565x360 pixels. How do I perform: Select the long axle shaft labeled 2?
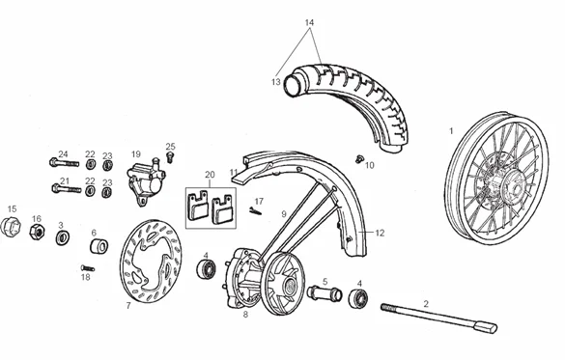[x=438, y=318]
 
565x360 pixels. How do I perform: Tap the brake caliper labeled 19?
[x=146, y=180]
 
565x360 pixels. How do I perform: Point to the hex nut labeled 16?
[x=37, y=232]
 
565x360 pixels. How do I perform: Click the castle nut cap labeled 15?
[x=10, y=227]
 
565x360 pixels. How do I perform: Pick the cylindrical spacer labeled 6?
[x=99, y=246]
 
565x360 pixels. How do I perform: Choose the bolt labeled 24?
[x=64, y=163]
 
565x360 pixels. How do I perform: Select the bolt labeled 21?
[x=67, y=188]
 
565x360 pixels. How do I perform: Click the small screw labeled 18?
[x=88, y=268]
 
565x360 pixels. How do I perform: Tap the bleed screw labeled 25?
[x=170, y=157]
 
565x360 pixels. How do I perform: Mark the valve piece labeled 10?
[x=358, y=158]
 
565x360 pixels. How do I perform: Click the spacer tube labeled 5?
[x=325, y=293]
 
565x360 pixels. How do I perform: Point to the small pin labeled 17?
[x=255, y=211]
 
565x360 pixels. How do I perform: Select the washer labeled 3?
[x=63, y=238]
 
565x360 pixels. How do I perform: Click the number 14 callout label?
[x=309, y=22]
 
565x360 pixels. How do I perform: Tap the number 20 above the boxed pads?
[x=210, y=175]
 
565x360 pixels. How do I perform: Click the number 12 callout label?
[x=380, y=233]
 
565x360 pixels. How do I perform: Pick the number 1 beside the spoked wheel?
[x=451, y=131]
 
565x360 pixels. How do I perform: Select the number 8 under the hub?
[x=245, y=315]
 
